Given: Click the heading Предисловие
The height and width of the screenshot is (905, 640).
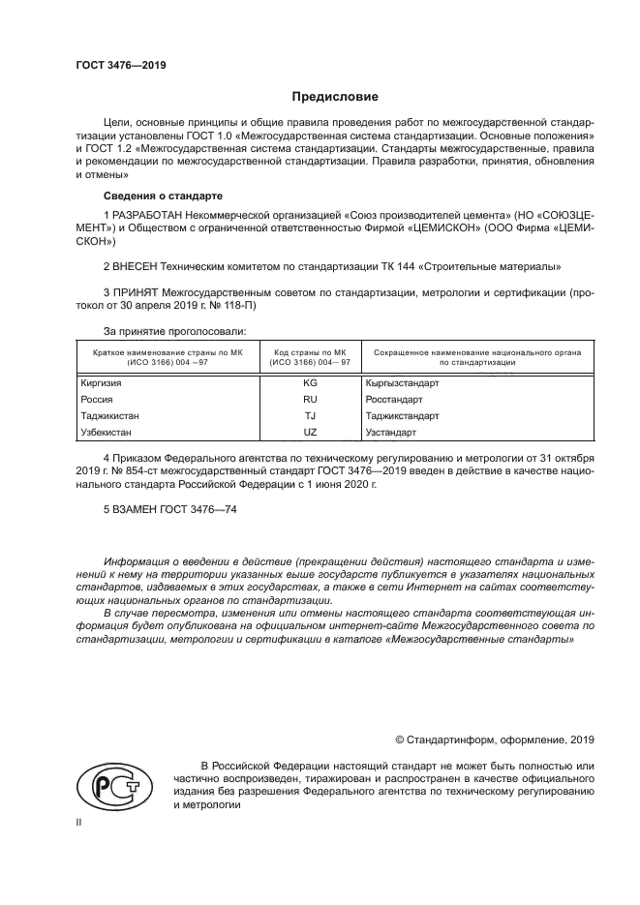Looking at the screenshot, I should pyautogui.click(x=335, y=97).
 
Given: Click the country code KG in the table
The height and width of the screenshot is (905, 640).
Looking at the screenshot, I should pyautogui.click(x=310, y=382).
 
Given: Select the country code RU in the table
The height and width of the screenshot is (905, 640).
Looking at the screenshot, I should pyautogui.click(x=310, y=399).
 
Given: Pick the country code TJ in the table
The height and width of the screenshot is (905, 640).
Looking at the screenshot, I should pyautogui.click(x=310, y=415).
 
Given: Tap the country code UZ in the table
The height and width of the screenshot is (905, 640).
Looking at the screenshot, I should pyautogui.click(x=310, y=432).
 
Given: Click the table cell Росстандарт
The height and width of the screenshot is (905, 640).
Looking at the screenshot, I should pyautogui.click(x=394, y=399).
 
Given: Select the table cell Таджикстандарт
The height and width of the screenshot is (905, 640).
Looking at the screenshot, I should pyautogui.click(x=402, y=415).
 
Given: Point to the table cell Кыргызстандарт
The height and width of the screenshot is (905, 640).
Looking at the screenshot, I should pyautogui.click(x=402, y=382).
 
